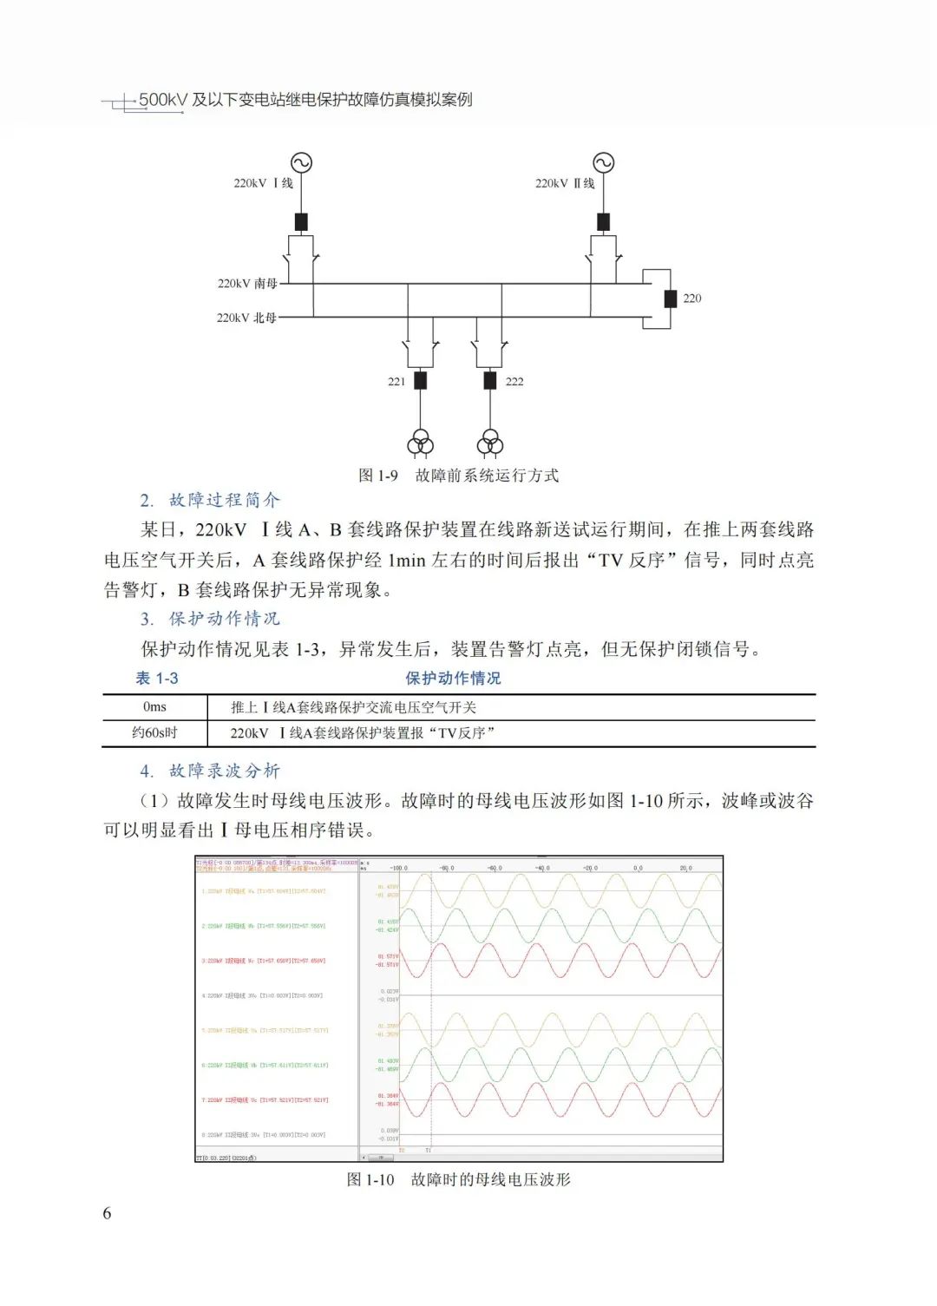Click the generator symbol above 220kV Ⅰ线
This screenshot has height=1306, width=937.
click(x=301, y=162)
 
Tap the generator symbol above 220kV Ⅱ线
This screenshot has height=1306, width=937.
click(x=603, y=162)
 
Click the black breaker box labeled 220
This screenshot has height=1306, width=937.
click(x=670, y=299)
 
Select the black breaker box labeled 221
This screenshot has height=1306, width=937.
click(x=421, y=380)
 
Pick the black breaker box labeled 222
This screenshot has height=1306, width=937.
click(x=490, y=380)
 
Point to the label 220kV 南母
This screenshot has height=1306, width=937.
click(x=247, y=284)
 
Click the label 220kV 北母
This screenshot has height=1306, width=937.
click(x=246, y=318)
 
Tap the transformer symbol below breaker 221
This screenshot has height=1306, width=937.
click(x=421, y=443)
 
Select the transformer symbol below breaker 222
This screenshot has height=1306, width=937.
click(x=490, y=443)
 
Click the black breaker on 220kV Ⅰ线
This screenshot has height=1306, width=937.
click(x=301, y=221)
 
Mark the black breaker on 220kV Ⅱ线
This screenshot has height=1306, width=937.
click(x=603, y=221)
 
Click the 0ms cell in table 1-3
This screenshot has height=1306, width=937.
click(x=154, y=707)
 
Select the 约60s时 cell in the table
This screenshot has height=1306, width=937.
click(x=154, y=733)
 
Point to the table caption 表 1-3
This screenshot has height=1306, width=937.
click(x=157, y=679)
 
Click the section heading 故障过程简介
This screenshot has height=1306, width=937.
click(x=224, y=500)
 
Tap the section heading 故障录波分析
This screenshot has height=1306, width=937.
click(x=224, y=771)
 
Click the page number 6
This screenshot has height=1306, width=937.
click(x=107, y=1213)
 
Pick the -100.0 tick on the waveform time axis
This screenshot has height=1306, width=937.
click(x=398, y=868)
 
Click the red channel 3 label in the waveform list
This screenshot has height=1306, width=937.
click(x=264, y=961)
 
